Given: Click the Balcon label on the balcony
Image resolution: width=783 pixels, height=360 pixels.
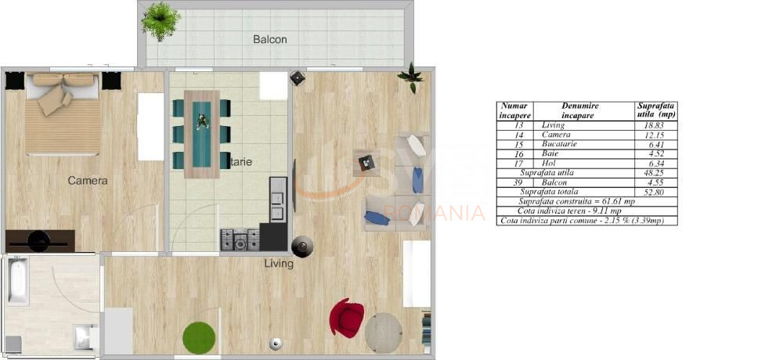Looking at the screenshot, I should pyautogui.click(x=269, y=39).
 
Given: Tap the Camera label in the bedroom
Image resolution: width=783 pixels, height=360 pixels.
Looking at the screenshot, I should pyautogui.click(x=88, y=181).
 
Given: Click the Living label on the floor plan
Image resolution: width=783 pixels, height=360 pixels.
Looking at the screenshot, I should pyautogui.click(x=279, y=264).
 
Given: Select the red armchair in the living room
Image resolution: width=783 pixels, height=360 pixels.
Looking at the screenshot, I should pyautogui.click(x=346, y=316).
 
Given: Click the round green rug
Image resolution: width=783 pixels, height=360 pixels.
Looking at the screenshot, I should pyautogui.click(x=199, y=337).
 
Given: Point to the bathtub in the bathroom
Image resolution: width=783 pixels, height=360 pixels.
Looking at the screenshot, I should pyautogui.click(x=17, y=283).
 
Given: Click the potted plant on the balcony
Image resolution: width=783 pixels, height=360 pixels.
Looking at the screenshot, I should pyautogui.click(x=161, y=20).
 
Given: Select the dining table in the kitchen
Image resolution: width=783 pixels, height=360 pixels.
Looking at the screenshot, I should pyautogui.click(x=202, y=134).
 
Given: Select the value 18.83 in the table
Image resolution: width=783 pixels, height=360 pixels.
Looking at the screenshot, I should pyautogui.click(x=655, y=125).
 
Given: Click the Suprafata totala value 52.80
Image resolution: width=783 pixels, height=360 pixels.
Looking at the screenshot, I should pyautogui.click(x=655, y=192).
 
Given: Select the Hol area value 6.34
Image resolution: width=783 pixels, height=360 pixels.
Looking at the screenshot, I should pyautogui.click(x=655, y=163).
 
